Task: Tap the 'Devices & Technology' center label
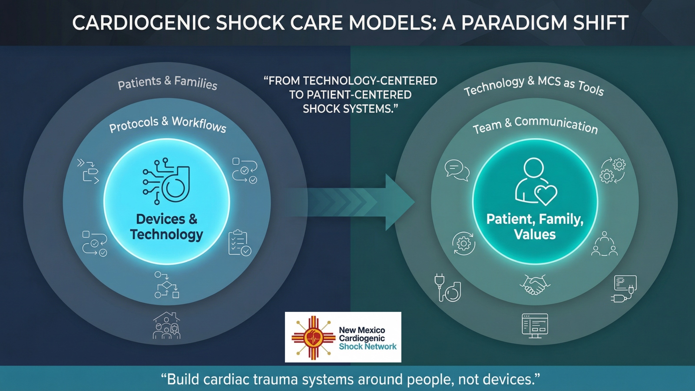[167, 226]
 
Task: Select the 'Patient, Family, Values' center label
[535, 226]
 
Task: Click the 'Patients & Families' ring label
[168, 82]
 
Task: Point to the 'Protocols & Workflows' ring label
[168, 124]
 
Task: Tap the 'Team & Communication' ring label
[535, 125]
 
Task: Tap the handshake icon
[535, 285]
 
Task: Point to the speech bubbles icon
[457, 170]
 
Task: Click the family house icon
[166, 325]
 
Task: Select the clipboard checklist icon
[239, 243]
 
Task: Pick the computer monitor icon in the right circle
[535, 325]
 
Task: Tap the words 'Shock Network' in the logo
[367, 347]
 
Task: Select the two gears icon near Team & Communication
[613, 170]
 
